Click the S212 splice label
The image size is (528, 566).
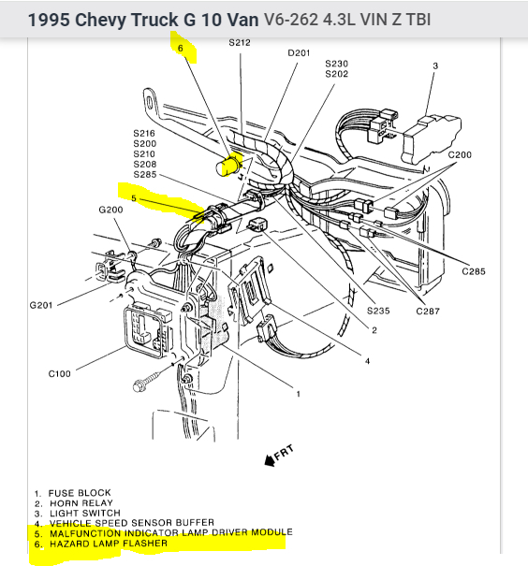[x=240, y=43]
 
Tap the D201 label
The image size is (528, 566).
[x=299, y=53]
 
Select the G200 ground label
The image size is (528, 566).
[x=110, y=210]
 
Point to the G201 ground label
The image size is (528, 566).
[x=41, y=305]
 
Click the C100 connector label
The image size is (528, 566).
[x=60, y=373]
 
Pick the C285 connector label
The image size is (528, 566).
[x=474, y=271]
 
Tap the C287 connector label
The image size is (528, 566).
[x=428, y=312]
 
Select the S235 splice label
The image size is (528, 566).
[x=378, y=311]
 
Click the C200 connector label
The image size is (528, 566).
[x=460, y=155]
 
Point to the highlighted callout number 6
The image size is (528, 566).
[x=181, y=48]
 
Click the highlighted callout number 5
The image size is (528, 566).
[x=134, y=198]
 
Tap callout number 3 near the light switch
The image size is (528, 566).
[x=435, y=65]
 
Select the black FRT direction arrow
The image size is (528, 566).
[x=270, y=460]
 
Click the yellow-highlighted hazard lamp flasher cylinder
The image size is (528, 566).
[x=228, y=166]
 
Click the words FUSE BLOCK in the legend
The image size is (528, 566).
[x=80, y=493]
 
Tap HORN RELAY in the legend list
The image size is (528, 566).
[x=81, y=503]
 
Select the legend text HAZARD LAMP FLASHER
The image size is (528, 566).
[x=109, y=544]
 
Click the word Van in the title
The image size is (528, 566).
[x=241, y=20]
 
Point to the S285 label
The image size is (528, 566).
[x=145, y=175]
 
